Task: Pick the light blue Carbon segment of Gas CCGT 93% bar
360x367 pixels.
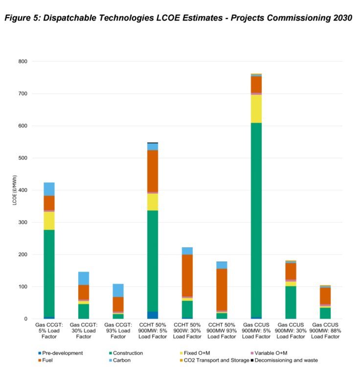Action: [x=118, y=290]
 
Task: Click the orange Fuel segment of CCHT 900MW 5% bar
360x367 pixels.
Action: [x=153, y=171]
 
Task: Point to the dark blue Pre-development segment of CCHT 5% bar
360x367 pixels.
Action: [x=153, y=315]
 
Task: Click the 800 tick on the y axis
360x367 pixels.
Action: [x=22, y=61]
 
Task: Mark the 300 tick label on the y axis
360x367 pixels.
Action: [x=22, y=222]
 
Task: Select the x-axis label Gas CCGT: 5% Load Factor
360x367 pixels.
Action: [x=49, y=330]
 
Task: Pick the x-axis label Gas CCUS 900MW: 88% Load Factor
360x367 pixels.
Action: [x=326, y=330]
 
